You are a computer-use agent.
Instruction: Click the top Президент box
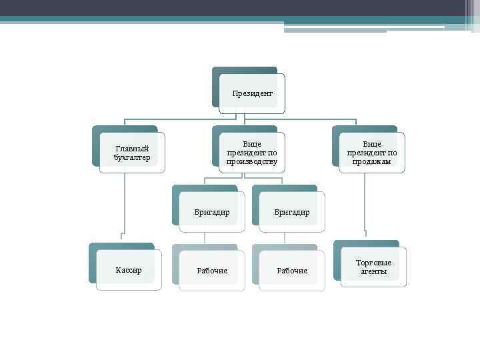252,93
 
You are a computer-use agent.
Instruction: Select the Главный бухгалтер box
132,153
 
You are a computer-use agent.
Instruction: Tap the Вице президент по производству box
252,153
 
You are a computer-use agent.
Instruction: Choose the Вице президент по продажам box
372,153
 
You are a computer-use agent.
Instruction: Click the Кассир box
128,270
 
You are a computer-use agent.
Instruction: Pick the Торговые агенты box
373,267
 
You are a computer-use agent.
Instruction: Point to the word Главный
132,149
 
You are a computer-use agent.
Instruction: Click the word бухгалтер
132,158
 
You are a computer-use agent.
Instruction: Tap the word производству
252,162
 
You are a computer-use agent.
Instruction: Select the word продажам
372,162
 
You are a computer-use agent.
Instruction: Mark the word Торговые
373,263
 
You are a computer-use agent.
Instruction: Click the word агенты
373,272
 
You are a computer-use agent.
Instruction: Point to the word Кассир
128,270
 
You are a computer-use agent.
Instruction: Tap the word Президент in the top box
252,93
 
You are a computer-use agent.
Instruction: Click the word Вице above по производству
252,143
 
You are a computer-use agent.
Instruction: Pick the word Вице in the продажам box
372,143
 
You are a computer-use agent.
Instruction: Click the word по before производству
271,153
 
